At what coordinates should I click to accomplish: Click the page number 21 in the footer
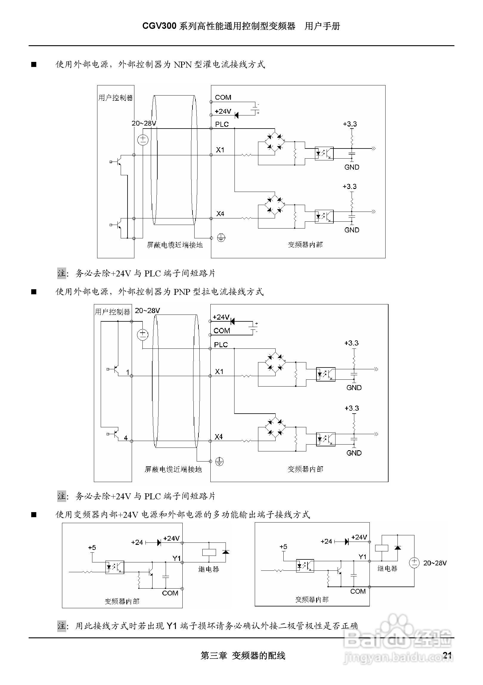pyautogui.click(x=447, y=655)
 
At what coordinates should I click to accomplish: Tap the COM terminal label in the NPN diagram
pyautogui.click(x=223, y=97)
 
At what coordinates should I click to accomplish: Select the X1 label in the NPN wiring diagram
pyautogui.click(x=220, y=150)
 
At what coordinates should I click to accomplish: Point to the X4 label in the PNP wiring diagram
pyautogui.click(x=219, y=437)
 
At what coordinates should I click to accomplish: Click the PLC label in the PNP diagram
pyautogui.click(x=221, y=345)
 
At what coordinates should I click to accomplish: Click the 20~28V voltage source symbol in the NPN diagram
pyautogui.click(x=143, y=140)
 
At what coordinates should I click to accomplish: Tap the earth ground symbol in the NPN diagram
pyautogui.click(x=221, y=238)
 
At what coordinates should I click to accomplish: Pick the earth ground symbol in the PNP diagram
pyautogui.click(x=220, y=462)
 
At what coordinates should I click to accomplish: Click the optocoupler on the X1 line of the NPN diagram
pyautogui.click(x=324, y=153)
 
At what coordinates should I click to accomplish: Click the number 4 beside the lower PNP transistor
pyautogui.click(x=126, y=438)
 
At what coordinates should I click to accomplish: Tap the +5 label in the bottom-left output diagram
pyautogui.click(x=92, y=548)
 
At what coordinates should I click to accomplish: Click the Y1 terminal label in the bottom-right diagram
pyautogui.click(x=362, y=557)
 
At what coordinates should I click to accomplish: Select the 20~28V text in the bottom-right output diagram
pyautogui.click(x=435, y=563)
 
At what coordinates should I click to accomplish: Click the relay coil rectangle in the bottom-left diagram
pyautogui.click(x=209, y=552)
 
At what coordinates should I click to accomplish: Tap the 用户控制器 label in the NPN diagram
pyautogui.click(x=116, y=98)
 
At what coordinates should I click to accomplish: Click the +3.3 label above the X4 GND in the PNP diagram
pyautogui.click(x=352, y=408)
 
